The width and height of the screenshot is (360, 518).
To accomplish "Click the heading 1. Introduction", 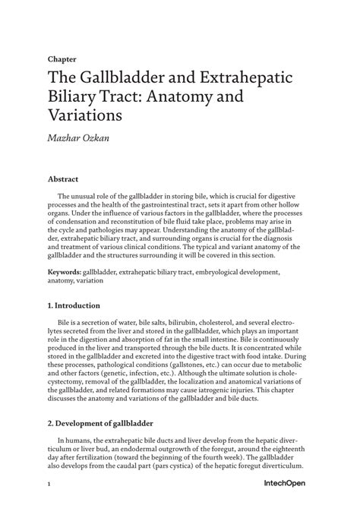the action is point(74,305).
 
